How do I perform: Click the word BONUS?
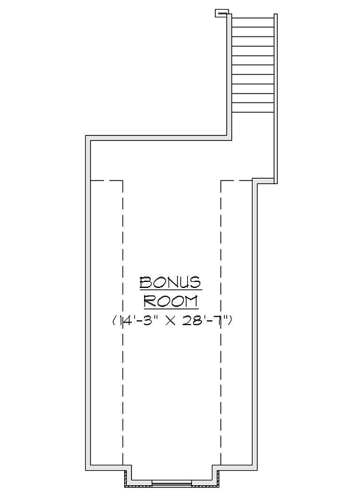coord(170,282)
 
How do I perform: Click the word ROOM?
coord(171,300)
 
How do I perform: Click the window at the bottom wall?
coord(172,482)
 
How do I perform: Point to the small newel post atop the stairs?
coord(221,12)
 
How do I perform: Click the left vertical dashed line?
coord(123,324)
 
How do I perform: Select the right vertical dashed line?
coord(221,324)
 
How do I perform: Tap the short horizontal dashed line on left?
coord(106,180)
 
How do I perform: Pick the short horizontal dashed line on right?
coord(236,180)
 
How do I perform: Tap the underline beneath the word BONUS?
coord(170,290)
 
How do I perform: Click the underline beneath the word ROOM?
coord(171,308)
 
